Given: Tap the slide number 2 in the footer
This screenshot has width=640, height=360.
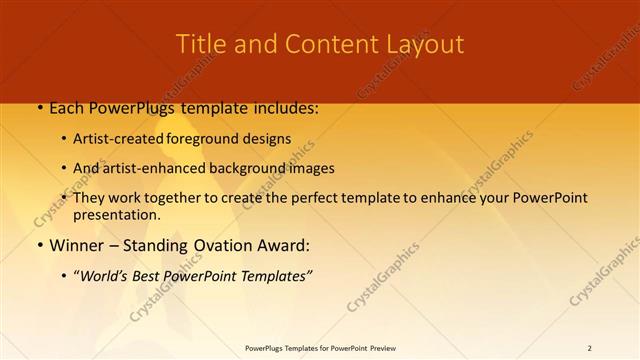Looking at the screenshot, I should coord(589,348).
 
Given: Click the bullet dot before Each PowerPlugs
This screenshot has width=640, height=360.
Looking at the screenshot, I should coord(39,108).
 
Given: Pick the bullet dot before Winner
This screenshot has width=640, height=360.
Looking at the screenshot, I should coord(39,246).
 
